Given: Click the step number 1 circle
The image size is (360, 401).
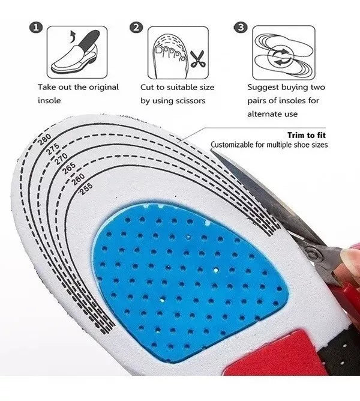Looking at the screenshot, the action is [36, 28].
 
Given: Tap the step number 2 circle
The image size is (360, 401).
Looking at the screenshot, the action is [137, 28].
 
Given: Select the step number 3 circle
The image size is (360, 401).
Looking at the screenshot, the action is [241, 28].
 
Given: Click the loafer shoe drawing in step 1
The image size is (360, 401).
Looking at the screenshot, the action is [76, 55].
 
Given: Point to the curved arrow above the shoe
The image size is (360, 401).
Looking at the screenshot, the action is [73, 37].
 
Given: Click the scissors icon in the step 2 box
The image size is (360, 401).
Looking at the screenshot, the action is [198, 59].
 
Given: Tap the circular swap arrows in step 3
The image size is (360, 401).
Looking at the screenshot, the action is [280, 57].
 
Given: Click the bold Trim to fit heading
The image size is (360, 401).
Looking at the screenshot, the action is [307, 135].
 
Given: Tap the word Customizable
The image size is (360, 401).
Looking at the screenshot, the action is [232, 145].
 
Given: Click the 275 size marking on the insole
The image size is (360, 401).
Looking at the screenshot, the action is [53, 149].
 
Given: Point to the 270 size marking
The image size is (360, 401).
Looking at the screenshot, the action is [61, 158].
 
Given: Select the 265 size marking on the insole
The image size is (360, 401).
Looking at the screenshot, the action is [69, 168].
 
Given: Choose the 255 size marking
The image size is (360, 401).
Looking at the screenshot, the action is [86, 189].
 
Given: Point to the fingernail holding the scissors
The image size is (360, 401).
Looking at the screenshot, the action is [350, 256].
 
